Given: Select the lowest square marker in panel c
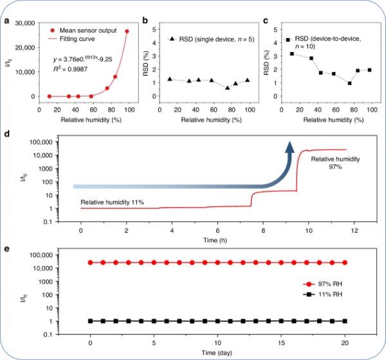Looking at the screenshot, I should pyautogui.click(x=349, y=83).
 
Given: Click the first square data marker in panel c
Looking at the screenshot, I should pyautogui.click(x=292, y=53).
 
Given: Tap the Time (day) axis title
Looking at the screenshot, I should pyautogui.click(x=217, y=353).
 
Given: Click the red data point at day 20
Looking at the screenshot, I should pyautogui.click(x=345, y=262).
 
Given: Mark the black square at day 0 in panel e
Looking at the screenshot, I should pyautogui.click(x=91, y=321).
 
